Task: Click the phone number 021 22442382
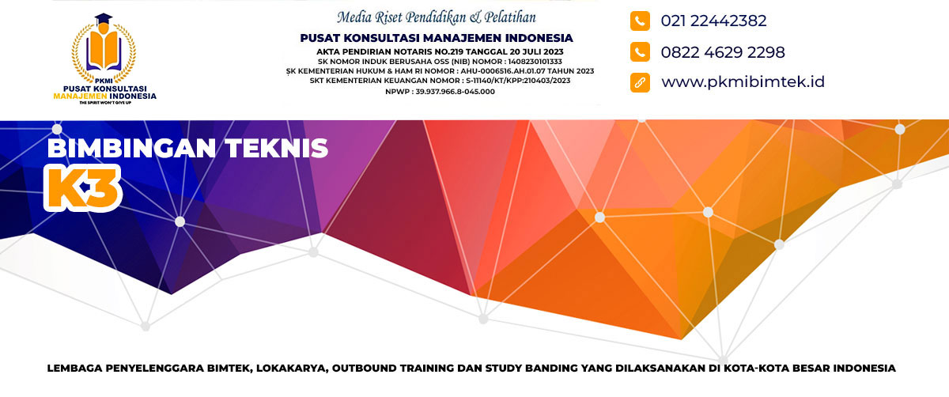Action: [x=713, y=21]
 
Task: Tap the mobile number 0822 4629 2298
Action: [x=723, y=52]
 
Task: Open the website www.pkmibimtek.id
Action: [x=743, y=81]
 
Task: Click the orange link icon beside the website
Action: [x=640, y=82]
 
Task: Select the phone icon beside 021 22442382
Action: [x=640, y=21]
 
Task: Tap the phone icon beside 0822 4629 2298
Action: [x=640, y=51]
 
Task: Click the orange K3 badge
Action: [x=82, y=187]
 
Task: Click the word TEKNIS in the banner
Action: [x=276, y=149]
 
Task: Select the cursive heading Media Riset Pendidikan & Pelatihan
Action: [x=437, y=17]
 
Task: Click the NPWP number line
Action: [x=440, y=92]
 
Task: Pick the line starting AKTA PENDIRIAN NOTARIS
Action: [x=440, y=52]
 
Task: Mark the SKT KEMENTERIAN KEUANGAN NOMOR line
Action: [x=440, y=81]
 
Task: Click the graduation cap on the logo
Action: [x=104, y=20]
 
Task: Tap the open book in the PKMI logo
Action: [x=104, y=51]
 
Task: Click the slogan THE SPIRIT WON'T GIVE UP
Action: [x=105, y=103]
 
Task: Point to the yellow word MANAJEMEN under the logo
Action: [x=80, y=96]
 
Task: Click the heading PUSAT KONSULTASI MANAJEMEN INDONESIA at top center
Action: [x=437, y=38]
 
